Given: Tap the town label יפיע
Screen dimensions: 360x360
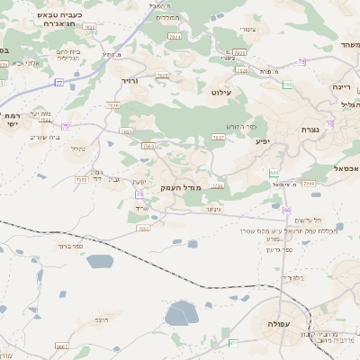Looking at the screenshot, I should tap(263, 141).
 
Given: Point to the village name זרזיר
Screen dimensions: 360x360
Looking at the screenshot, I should tap(131, 80).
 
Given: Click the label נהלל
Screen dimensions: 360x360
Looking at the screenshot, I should tap(78, 149).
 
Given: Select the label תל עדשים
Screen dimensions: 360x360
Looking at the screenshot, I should tap(309, 220).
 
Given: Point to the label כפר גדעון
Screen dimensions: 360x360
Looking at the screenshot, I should tap(300, 248).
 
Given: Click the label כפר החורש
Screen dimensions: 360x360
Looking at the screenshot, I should tap(243, 126).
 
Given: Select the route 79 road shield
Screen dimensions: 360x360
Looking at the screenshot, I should tap(302, 61).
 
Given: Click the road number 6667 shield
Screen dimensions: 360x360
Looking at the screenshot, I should tap(62, 346).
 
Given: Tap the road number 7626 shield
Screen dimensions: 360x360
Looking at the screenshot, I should tap(113, 105).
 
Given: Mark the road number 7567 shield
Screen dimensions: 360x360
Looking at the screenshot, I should tap(219, 138).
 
